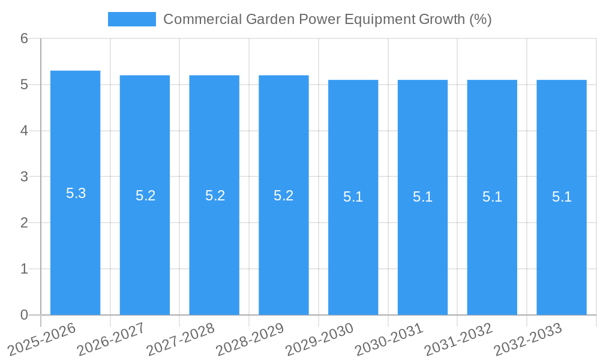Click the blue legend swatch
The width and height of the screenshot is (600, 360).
click(x=131, y=19)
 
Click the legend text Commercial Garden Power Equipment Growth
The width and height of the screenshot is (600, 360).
click(x=327, y=19)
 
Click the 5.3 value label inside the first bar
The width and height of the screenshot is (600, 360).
click(x=76, y=193)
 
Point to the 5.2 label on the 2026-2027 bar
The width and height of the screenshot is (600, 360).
click(x=145, y=196)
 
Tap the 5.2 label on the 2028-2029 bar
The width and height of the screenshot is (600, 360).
click(x=283, y=196)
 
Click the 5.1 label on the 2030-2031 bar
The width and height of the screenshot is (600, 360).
click(x=422, y=197)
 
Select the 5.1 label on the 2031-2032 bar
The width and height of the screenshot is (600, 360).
click(x=492, y=197)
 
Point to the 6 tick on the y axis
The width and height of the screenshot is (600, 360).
click(x=24, y=38)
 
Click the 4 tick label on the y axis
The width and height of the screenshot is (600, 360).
click(x=24, y=131)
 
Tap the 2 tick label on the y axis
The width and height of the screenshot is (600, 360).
click(x=24, y=223)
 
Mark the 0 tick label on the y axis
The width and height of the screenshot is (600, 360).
click(x=24, y=315)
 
